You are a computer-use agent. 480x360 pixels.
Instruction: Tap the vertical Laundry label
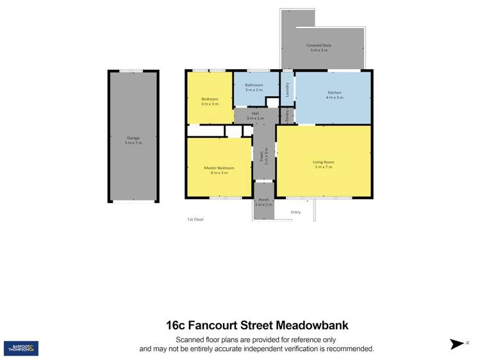pos(287,90)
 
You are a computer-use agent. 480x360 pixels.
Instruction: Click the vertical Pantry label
pos(288,116)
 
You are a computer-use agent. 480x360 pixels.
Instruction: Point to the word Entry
pos(295,212)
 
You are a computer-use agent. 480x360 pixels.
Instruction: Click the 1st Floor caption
pos(195,220)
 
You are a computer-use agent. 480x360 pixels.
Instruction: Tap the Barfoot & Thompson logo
pos(21,348)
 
